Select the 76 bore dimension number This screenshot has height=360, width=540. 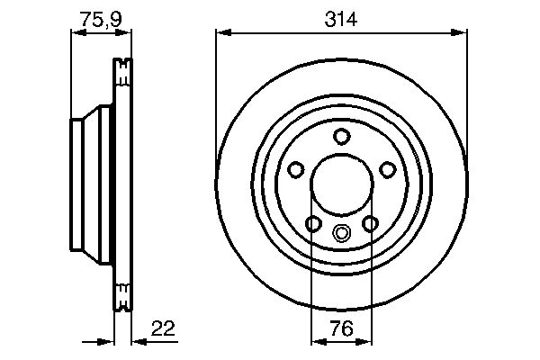click(341, 329)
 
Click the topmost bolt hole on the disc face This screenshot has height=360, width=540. click(341, 136)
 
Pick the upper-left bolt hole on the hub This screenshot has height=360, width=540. click(295, 169)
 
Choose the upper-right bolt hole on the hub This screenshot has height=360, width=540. click(387, 169)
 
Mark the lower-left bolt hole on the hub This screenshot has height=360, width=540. click(313, 223)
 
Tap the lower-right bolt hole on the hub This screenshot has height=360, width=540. click(369, 223)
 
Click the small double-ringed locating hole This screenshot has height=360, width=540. click(341, 234)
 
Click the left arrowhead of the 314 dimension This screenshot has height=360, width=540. click(221, 34)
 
